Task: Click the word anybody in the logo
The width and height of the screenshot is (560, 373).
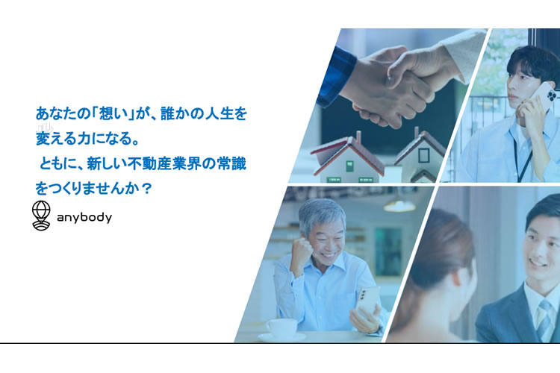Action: click(x=84, y=217)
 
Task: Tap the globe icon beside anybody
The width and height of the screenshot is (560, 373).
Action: click(x=41, y=216)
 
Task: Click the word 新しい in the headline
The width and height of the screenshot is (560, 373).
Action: click(x=107, y=164)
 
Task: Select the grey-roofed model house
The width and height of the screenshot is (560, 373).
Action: click(x=421, y=157)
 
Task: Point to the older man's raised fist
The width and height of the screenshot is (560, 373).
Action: click(x=302, y=250)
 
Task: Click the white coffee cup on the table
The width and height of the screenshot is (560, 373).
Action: click(x=281, y=328)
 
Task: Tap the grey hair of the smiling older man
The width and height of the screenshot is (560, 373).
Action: click(x=321, y=213)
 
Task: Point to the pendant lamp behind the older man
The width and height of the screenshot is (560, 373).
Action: click(x=399, y=205)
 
